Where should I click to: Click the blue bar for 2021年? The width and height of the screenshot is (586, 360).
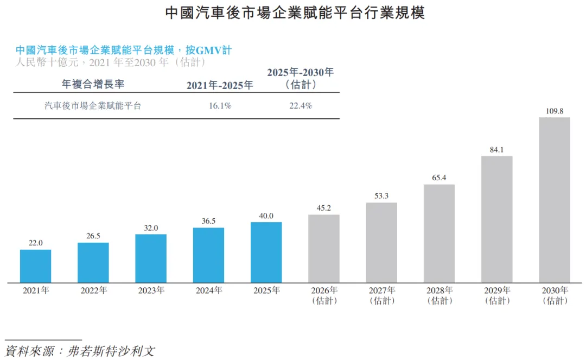(36, 266)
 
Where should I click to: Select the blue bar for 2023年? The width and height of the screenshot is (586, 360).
(151, 258)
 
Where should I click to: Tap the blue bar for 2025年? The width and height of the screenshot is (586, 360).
(266, 252)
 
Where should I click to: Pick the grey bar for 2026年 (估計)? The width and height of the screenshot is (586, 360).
(324, 249)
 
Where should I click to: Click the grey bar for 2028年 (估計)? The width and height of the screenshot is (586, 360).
(439, 233)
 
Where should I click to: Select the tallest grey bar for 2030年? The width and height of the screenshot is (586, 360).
(555, 200)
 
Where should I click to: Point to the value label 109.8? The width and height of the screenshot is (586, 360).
(555, 111)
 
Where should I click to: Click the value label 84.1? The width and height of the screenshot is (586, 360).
(497, 150)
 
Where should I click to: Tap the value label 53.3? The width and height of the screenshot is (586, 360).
(381, 196)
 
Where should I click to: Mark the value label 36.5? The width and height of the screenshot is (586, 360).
(208, 221)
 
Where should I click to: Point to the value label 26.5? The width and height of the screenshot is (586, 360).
(93, 236)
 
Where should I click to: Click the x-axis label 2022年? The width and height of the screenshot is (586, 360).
(93, 290)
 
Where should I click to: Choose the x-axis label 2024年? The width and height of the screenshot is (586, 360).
(208, 290)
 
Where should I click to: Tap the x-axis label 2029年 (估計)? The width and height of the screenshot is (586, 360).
(497, 295)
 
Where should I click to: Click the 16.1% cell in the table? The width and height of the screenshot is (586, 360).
(220, 106)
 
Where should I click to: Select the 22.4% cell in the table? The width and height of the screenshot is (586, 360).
(301, 106)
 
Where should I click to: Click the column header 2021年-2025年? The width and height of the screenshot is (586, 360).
(220, 85)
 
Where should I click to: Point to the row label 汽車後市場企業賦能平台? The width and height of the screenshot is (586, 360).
(93, 106)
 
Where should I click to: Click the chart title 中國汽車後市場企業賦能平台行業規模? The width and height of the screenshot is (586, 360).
(295, 14)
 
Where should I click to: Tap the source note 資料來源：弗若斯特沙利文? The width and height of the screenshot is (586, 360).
(80, 350)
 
